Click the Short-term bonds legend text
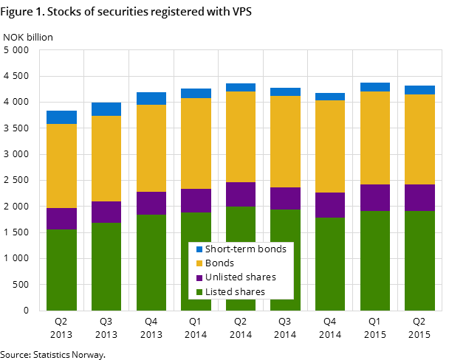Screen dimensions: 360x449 [x=245, y=249]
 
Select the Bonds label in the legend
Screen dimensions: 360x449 [x=219, y=263]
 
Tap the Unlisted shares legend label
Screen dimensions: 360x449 [x=240, y=277]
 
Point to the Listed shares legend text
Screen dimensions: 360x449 [x=235, y=292]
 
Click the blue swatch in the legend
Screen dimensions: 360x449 [x=199, y=249]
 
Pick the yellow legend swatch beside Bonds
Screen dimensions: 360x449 [x=199, y=263]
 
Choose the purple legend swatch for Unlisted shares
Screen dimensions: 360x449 [x=199, y=278]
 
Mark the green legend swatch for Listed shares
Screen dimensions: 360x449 [x=199, y=292]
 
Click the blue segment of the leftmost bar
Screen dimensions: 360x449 [x=61, y=117]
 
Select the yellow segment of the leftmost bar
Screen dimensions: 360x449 [x=61, y=166]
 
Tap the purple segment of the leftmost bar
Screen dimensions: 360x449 [x=61, y=218]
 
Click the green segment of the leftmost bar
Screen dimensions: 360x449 [x=61, y=269]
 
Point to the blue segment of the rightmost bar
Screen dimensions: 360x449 [x=419, y=90]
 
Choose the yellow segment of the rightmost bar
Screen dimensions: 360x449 [x=419, y=139]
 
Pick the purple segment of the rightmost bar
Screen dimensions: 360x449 [x=419, y=198]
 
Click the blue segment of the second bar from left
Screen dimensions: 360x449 [x=106, y=109]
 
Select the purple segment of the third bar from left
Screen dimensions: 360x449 [x=151, y=203]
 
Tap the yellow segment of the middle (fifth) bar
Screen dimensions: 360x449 [x=241, y=136]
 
